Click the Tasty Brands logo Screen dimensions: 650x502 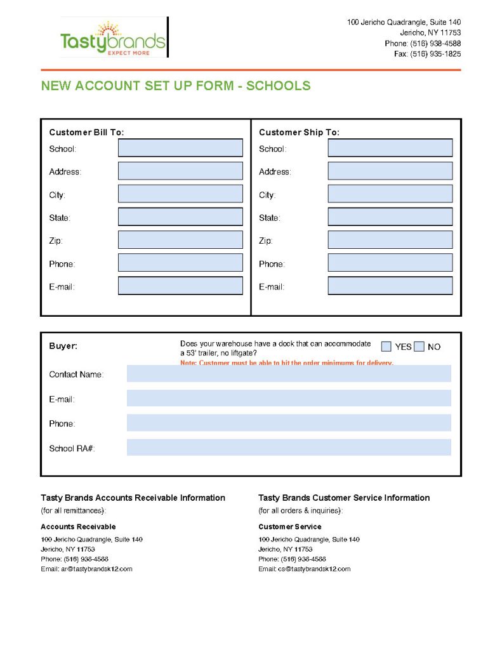pos(113,38)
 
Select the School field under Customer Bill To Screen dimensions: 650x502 pos(180,148)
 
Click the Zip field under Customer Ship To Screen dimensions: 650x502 pos(390,240)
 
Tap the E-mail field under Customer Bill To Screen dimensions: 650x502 pos(180,286)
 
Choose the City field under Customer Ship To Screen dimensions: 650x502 pos(390,194)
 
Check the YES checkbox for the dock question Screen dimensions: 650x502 pos(386,347)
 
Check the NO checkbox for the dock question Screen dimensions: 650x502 pos(419,347)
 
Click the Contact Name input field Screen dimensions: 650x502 pos(289,374)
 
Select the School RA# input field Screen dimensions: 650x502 pos(289,448)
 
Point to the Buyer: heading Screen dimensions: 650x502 pos(63,347)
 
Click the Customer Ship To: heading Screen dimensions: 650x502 pos(299,132)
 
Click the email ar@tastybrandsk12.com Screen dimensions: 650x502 pos(96,569)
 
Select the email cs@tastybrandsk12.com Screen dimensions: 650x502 pos(314,569)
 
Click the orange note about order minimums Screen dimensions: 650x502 pos(287,362)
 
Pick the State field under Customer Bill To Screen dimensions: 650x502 pos(180,216)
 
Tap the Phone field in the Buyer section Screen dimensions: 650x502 pos(289,423)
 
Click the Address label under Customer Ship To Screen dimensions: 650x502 pos(275,171)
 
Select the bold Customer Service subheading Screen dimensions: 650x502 pos(289,527)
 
